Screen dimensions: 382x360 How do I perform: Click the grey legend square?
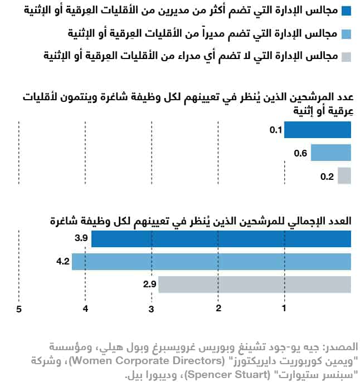tap(346, 57)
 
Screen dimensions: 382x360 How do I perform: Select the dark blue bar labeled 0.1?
tap(318, 130)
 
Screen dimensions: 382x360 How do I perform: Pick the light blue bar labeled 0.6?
tap(330, 153)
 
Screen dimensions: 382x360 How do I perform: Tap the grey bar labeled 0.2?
tap(344, 176)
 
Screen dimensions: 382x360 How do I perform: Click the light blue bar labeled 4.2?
tap(211, 261)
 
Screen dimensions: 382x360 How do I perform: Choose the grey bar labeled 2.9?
tap(254, 285)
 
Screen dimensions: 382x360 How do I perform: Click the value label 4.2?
tap(62, 261)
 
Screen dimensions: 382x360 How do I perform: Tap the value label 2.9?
tap(149, 285)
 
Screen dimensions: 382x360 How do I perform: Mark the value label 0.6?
tap(301, 153)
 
